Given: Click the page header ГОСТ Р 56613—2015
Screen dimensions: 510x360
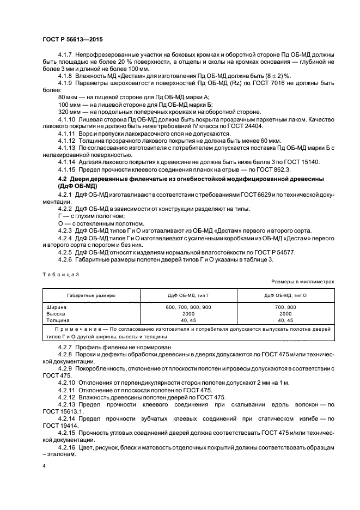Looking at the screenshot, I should point(72,40).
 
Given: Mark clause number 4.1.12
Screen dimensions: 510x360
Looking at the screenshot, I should point(68,140).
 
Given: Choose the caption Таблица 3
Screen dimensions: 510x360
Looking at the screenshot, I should point(60,275).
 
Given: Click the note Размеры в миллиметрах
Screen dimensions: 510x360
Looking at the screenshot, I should point(303,282).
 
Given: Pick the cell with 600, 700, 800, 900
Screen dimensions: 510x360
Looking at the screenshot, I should point(189,307).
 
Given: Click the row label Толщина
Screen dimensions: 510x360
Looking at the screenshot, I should point(60,320).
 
